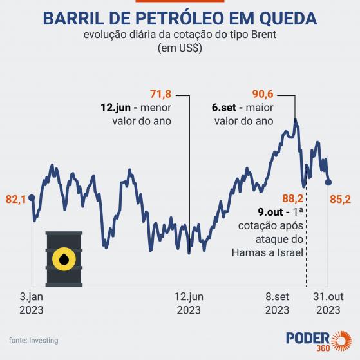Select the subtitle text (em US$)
(180, 48)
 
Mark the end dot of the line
(328, 182)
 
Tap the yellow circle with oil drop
(64, 259)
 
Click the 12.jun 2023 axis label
(189, 303)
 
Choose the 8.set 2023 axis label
(278, 303)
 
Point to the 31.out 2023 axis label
(328, 303)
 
